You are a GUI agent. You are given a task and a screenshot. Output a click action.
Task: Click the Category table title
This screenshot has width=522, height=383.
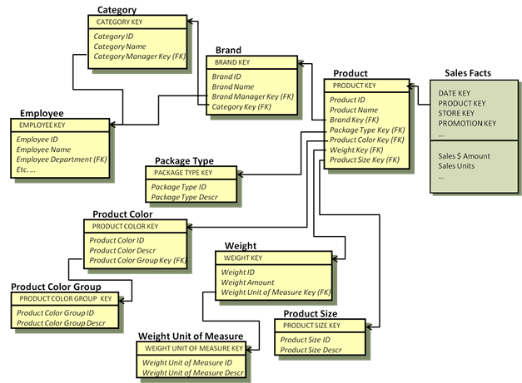click(x=117, y=10)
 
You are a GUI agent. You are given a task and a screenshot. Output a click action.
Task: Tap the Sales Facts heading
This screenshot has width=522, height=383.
click(x=468, y=73)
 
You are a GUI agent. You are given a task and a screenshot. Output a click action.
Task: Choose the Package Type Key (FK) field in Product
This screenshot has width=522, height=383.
click(x=367, y=130)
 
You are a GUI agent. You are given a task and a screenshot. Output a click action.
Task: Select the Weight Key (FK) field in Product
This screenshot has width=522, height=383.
click(x=356, y=150)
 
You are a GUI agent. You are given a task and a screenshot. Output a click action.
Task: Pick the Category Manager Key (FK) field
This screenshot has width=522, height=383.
click(x=139, y=56)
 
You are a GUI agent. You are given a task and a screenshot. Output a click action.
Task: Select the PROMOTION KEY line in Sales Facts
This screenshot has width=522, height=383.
click(x=467, y=124)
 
